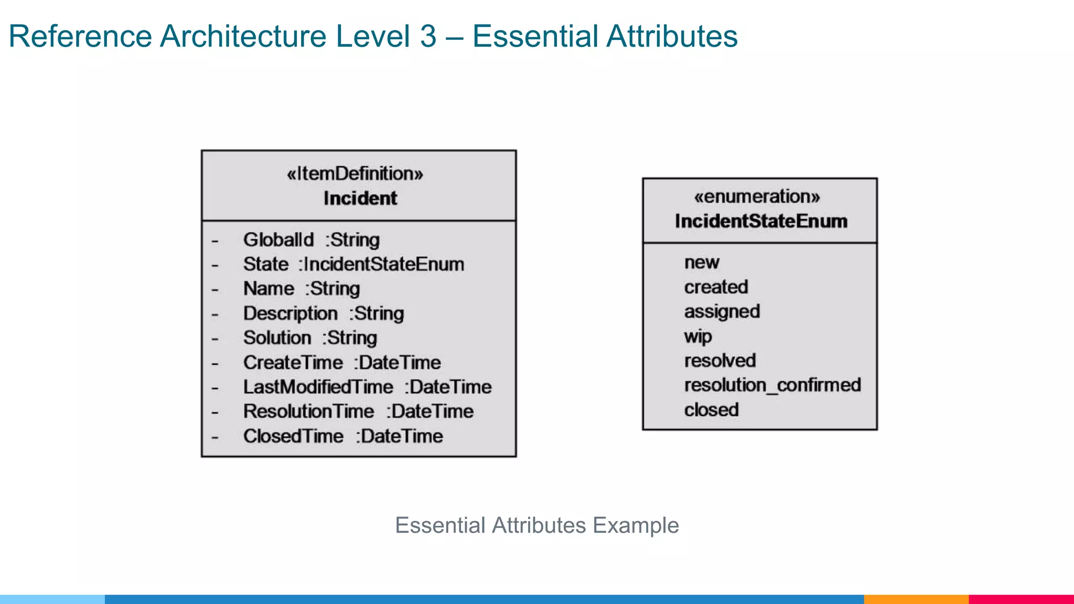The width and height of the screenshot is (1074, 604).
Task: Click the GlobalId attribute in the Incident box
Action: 311,240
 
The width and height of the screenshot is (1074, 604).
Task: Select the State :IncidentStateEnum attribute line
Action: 353,265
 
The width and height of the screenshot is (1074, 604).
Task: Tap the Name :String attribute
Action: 301,289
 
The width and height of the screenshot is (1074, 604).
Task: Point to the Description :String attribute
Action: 323,314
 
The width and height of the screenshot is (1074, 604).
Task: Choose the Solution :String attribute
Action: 309,338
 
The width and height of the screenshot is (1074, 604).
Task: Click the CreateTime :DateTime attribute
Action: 341,363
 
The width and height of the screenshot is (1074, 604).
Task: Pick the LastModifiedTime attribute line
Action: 367,387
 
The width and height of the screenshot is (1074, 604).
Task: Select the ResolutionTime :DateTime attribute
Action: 358,412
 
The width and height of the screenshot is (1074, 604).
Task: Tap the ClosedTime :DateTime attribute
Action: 342,436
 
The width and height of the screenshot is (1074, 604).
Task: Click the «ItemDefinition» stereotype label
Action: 355,174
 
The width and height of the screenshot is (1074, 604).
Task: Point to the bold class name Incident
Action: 360,199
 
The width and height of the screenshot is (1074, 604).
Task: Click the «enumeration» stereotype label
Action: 757,197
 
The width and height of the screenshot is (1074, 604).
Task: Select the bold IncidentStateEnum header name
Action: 761,221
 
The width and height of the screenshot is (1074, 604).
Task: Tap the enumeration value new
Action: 702,263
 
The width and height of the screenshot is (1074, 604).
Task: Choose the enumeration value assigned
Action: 722,312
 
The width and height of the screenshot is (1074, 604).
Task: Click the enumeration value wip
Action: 698,337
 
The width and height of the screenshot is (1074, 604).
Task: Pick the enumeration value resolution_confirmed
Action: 772,385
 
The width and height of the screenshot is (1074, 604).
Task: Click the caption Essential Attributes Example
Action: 536,525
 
